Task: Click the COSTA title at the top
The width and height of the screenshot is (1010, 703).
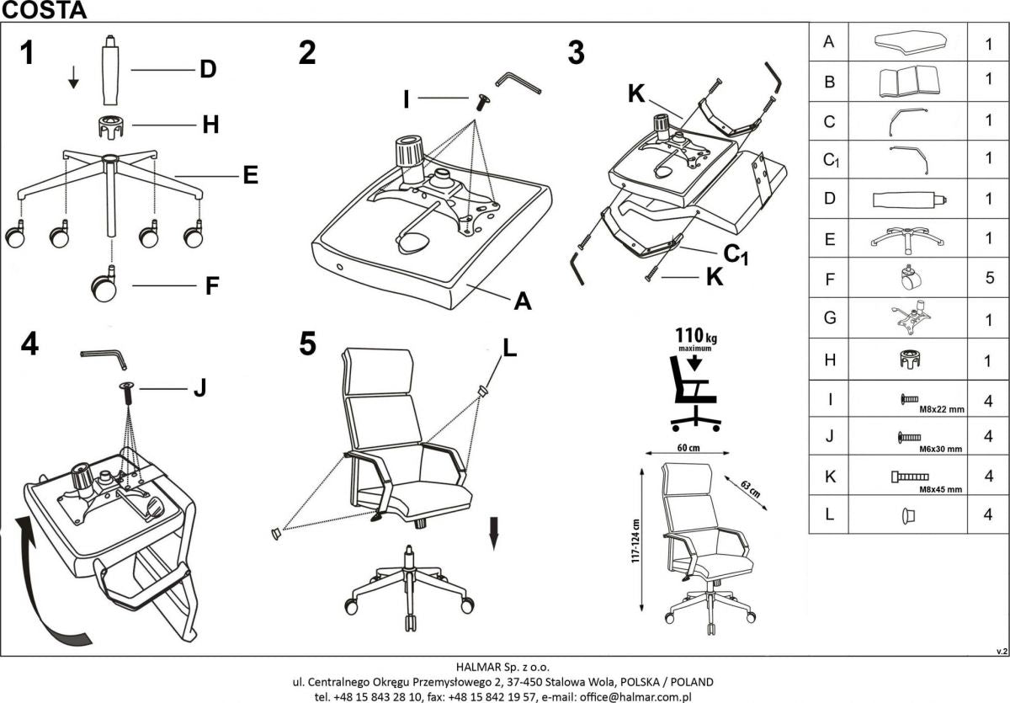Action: [x=44, y=10]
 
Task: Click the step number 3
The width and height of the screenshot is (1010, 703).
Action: [x=575, y=52]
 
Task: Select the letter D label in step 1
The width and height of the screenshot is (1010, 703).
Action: [x=208, y=69]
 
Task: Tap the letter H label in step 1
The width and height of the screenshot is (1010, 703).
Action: [x=210, y=125]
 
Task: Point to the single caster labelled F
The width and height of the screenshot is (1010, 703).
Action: [x=104, y=286]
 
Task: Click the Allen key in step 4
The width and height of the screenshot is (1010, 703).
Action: [x=104, y=358]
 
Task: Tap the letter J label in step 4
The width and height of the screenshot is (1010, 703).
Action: [x=199, y=388]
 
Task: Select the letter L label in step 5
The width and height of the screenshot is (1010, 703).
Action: [x=511, y=346]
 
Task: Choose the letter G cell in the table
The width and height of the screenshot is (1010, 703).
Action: [x=829, y=318]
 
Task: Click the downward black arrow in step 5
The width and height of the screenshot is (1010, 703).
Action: [x=495, y=532]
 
